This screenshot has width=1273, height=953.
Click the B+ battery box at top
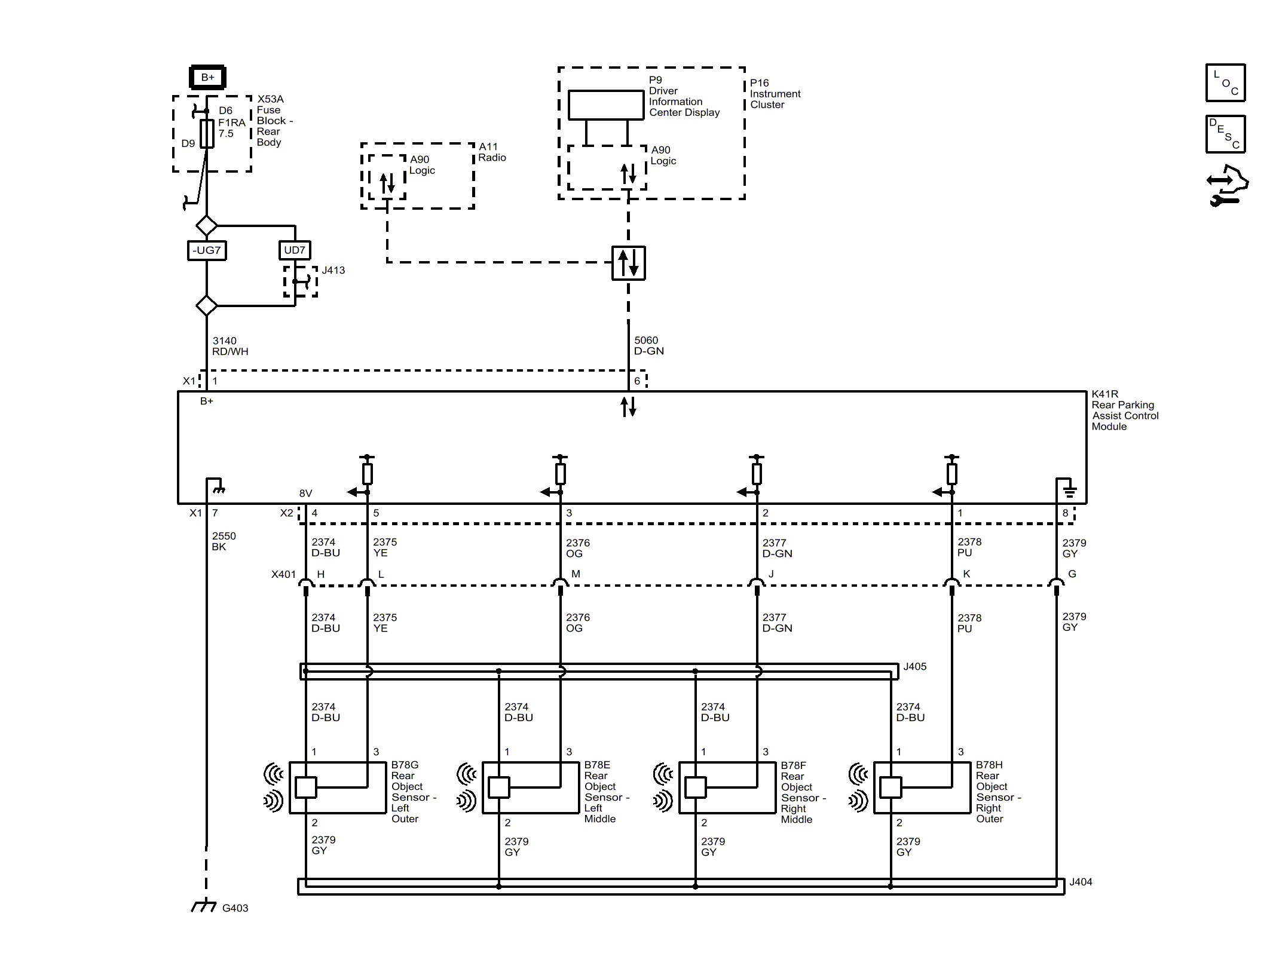tap(207, 78)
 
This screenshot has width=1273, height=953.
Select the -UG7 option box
tap(206, 250)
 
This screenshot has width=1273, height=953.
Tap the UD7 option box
tap(295, 250)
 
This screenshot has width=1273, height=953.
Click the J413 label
tap(333, 271)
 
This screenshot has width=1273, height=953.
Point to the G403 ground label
tap(235, 908)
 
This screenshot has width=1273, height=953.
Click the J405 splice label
tap(914, 667)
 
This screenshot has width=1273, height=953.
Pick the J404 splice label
tap(1080, 882)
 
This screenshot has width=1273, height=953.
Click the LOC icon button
tap(1225, 83)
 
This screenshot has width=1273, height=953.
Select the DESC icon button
tap(1225, 134)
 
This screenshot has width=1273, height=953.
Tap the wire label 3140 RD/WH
tap(229, 347)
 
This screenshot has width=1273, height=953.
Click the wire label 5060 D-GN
tap(648, 346)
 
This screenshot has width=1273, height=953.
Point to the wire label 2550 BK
tap(224, 541)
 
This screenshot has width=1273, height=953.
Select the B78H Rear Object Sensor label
tap(997, 792)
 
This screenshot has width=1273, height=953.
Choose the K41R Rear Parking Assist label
tap(1124, 410)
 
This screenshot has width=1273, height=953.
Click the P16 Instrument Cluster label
tap(775, 94)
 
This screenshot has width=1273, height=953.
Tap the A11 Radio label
tap(491, 152)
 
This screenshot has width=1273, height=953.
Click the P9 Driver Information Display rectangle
tap(605, 105)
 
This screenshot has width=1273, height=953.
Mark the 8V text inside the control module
tap(305, 494)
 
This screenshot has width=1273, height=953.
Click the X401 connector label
tap(283, 574)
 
